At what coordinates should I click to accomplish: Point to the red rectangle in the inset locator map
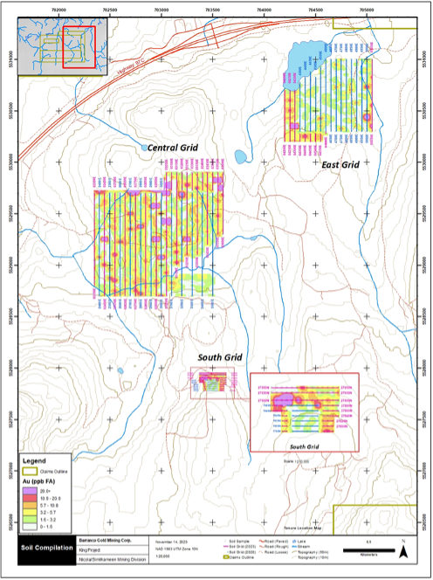pyautogui.click(x=79, y=47)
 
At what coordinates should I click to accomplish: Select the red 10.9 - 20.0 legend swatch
pyautogui.click(x=33, y=500)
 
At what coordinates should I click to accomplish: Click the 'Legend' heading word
pyautogui.click(x=36, y=459)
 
